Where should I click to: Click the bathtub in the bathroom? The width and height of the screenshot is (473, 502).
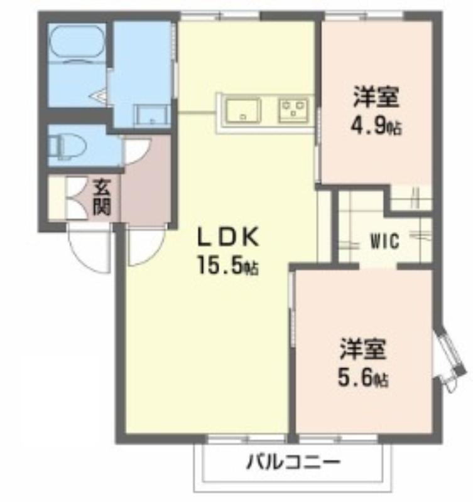pos(77,42)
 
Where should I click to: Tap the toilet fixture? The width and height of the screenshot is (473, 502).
pos(68,147)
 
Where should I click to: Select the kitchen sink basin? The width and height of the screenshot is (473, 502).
pos(243,111)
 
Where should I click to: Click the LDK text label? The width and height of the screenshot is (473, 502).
pos(227,237)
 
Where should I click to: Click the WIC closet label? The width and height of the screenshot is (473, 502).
pos(385,241)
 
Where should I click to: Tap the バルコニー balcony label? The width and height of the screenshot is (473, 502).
pos(292,462)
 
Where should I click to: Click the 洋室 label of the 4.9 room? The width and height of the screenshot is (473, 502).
pos(376,96)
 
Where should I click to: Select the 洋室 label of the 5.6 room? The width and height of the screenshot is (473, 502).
pos(363,348)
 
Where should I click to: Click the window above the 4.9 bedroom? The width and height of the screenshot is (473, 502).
pos(364,15)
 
